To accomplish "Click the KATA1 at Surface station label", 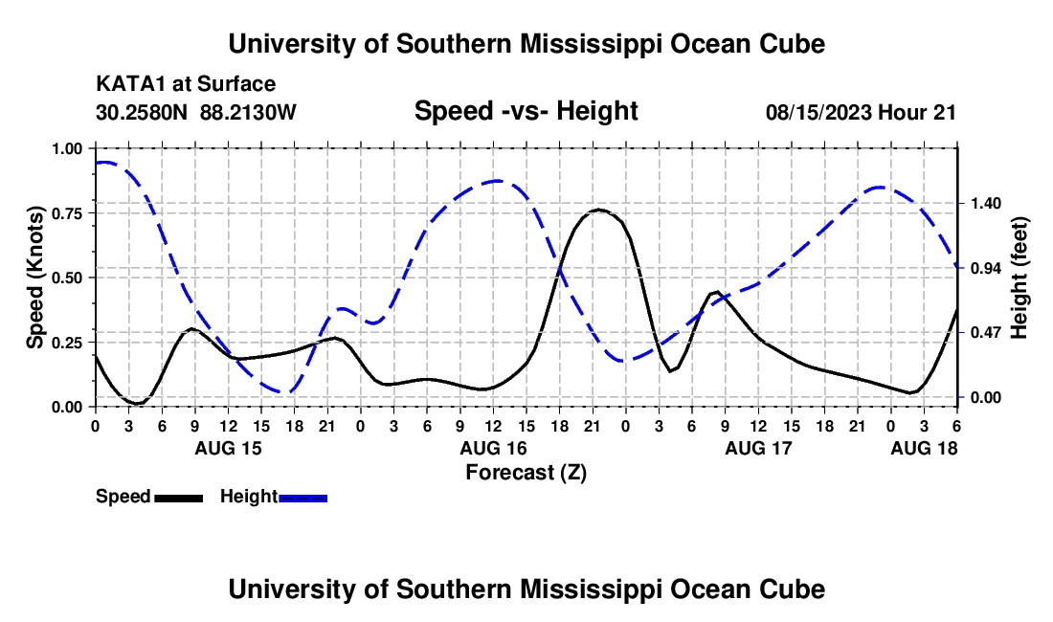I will [x=186, y=85].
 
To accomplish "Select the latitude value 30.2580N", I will [x=144, y=112].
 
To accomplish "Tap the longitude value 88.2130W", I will [x=249, y=112].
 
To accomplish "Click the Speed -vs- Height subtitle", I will [x=526, y=111].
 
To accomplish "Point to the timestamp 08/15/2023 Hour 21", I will [x=861, y=112].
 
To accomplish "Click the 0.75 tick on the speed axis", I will [x=69, y=213].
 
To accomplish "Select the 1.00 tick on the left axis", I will [x=69, y=148].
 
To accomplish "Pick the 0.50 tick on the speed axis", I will [x=69, y=278].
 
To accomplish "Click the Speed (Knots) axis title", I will [x=35, y=278].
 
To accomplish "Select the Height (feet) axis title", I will [x=1019, y=278].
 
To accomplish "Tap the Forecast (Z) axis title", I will [x=526, y=472].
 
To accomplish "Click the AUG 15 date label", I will [x=228, y=448].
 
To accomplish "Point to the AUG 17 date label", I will [x=758, y=448].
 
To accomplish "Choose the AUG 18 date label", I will [x=924, y=448].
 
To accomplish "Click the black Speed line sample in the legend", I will [x=179, y=498].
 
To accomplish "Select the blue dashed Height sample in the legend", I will [x=303, y=498].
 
